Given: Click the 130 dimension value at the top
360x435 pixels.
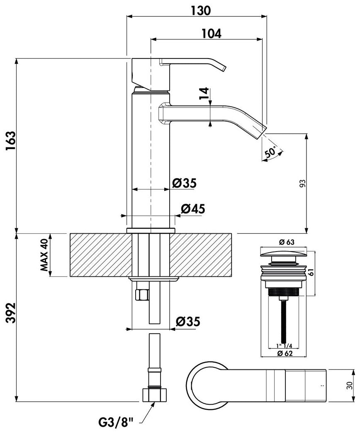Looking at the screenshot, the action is click(x=201, y=10).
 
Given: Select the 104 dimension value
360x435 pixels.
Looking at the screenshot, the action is click(x=212, y=34).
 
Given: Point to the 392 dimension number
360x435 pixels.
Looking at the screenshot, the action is click(x=10, y=313).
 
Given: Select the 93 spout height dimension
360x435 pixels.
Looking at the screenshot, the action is click(x=303, y=183).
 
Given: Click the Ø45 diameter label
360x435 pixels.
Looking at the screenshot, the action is click(x=193, y=209).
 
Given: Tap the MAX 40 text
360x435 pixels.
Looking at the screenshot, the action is click(x=44, y=255).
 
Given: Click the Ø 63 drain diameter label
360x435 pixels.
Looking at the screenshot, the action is click(x=287, y=242).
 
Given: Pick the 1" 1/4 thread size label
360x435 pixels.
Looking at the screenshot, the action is click(x=284, y=346).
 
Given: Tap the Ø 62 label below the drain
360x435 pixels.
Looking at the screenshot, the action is click(x=285, y=353).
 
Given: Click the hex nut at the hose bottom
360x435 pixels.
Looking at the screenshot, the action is click(x=155, y=395).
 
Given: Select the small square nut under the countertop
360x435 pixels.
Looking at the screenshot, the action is click(x=142, y=294).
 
